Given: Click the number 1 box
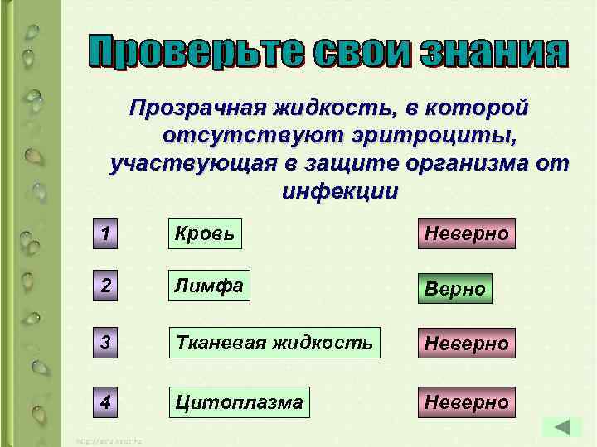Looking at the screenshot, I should (x=104, y=235).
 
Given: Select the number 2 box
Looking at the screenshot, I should (x=104, y=287).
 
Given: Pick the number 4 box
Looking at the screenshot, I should (x=104, y=401).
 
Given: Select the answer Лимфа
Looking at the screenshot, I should (x=209, y=287).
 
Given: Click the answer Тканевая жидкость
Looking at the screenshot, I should (x=274, y=340).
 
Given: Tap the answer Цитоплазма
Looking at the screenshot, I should (x=239, y=402).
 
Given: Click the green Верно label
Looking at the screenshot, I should (x=454, y=290).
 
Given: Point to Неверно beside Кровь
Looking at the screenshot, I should (x=467, y=234).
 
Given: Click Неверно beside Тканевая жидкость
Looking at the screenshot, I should (x=467, y=342).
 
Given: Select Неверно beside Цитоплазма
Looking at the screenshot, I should (x=467, y=402).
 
